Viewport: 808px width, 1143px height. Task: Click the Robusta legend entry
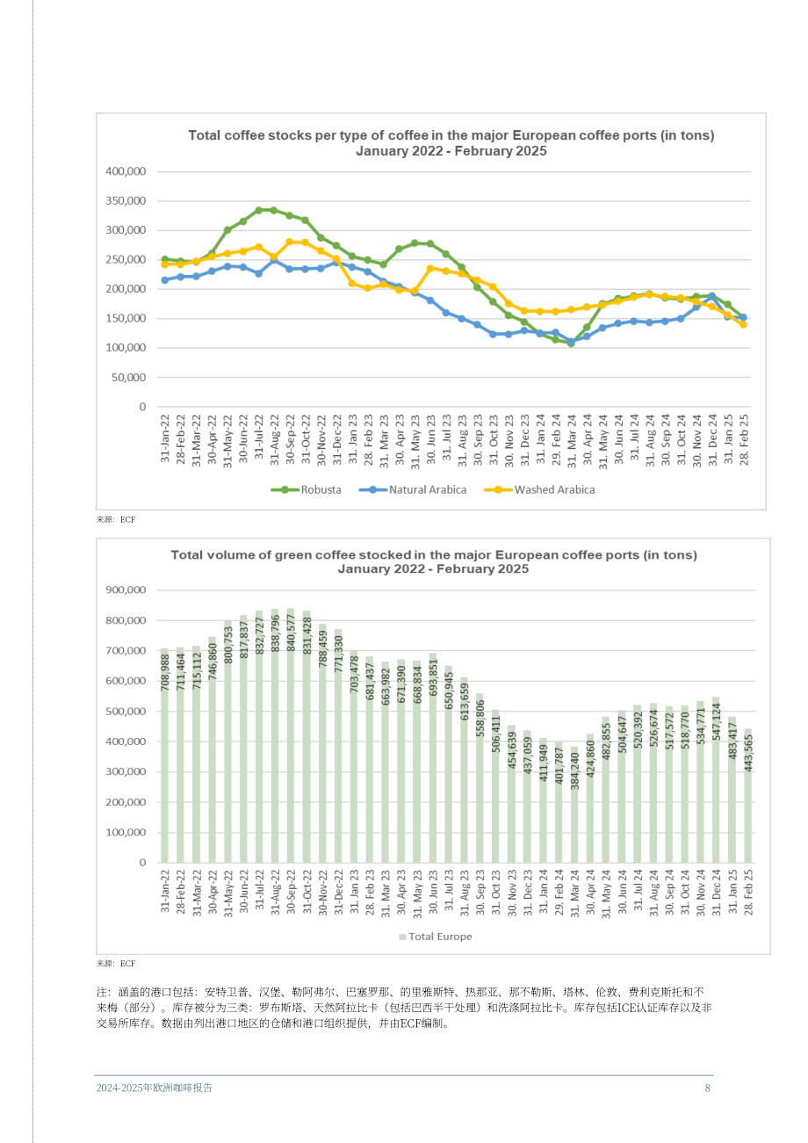(306, 489)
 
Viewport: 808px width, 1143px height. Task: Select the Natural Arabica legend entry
(412, 489)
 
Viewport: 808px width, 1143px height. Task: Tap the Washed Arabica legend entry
(539, 489)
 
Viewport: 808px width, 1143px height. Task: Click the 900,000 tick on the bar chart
(126, 590)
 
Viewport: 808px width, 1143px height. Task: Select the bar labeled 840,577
(290, 735)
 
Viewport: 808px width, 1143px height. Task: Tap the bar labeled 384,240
(574, 804)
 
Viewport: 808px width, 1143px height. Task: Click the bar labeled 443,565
(747, 795)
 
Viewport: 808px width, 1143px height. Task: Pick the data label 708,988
(165, 672)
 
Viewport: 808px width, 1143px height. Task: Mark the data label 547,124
(716, 721)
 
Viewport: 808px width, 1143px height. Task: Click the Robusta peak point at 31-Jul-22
(258, 210)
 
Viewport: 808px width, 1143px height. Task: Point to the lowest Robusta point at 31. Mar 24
(571, 344)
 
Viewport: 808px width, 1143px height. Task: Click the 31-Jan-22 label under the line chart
(165, 438)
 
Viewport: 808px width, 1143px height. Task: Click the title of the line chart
(451, 143)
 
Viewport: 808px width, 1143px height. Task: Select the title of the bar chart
(434, 561)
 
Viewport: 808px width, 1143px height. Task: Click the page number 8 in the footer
(708, 1088)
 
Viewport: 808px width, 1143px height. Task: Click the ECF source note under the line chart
(116, 519)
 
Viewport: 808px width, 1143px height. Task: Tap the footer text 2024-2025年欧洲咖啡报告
(154, 1088)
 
